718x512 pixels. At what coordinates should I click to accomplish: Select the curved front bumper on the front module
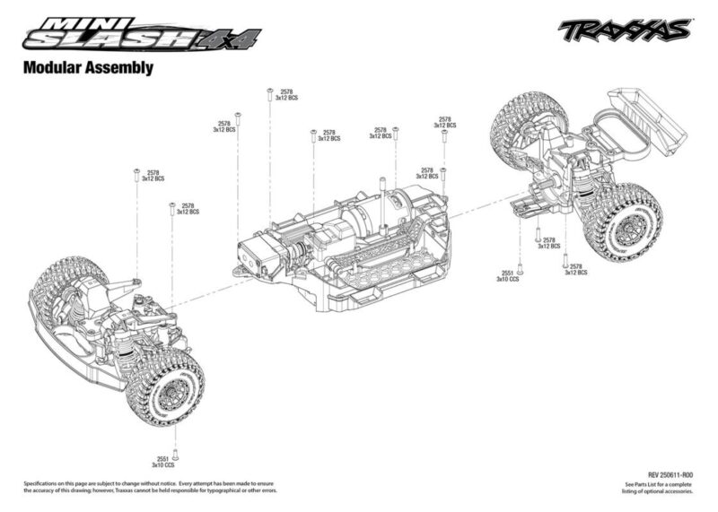coord(72,345)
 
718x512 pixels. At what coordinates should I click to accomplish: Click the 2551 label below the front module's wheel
coord(161,457)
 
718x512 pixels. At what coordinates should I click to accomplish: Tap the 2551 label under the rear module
coord(507,273)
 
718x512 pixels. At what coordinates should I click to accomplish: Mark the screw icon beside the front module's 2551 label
coord(176,455)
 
